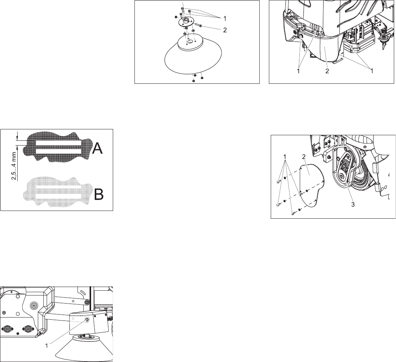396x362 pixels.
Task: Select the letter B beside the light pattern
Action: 99,194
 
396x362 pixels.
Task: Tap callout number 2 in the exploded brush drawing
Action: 225,30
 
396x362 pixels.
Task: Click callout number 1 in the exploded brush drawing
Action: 224,18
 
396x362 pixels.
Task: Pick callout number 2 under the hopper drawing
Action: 327,71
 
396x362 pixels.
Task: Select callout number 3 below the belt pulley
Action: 353,204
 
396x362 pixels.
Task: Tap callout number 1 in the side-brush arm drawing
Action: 46,345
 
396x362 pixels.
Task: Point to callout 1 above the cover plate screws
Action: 285,157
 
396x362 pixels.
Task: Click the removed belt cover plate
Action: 311,186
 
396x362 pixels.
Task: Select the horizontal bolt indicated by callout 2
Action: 198,25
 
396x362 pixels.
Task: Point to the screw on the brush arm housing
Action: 87,320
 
